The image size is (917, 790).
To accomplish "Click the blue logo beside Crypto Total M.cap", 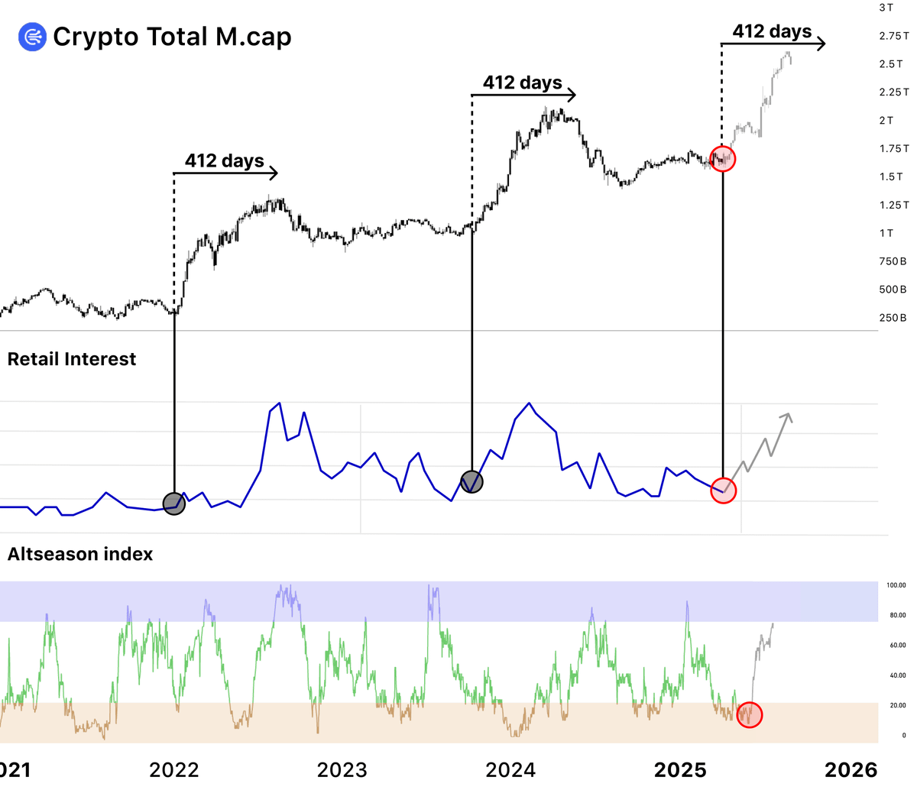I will point(33,37).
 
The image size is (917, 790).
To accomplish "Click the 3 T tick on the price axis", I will point(886,8).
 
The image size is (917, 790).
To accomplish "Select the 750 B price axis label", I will point(893,261).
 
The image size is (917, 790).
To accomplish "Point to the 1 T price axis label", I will point(886,233).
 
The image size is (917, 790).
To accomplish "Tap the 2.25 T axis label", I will point(893,92).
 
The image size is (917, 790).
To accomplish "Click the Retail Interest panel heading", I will point(72,359).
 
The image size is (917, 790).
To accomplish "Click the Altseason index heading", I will point(80,554).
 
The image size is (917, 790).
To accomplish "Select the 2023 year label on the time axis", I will point(342,769).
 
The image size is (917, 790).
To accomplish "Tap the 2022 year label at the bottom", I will point(174,769).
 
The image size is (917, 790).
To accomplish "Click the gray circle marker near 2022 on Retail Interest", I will point(174,503).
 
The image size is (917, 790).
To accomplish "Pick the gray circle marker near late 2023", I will point(472,482).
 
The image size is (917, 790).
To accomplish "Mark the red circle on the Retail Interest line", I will point(723,491).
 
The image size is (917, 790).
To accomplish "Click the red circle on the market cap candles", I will point(723,159).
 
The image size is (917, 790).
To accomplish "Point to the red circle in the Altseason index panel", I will point(750,715).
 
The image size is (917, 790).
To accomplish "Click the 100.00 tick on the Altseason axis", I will point(896,585).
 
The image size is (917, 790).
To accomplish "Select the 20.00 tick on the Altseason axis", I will point(896,705).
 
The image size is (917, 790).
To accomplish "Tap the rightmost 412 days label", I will point(772,31).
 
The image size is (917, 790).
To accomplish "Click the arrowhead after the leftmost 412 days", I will point(275,173).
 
